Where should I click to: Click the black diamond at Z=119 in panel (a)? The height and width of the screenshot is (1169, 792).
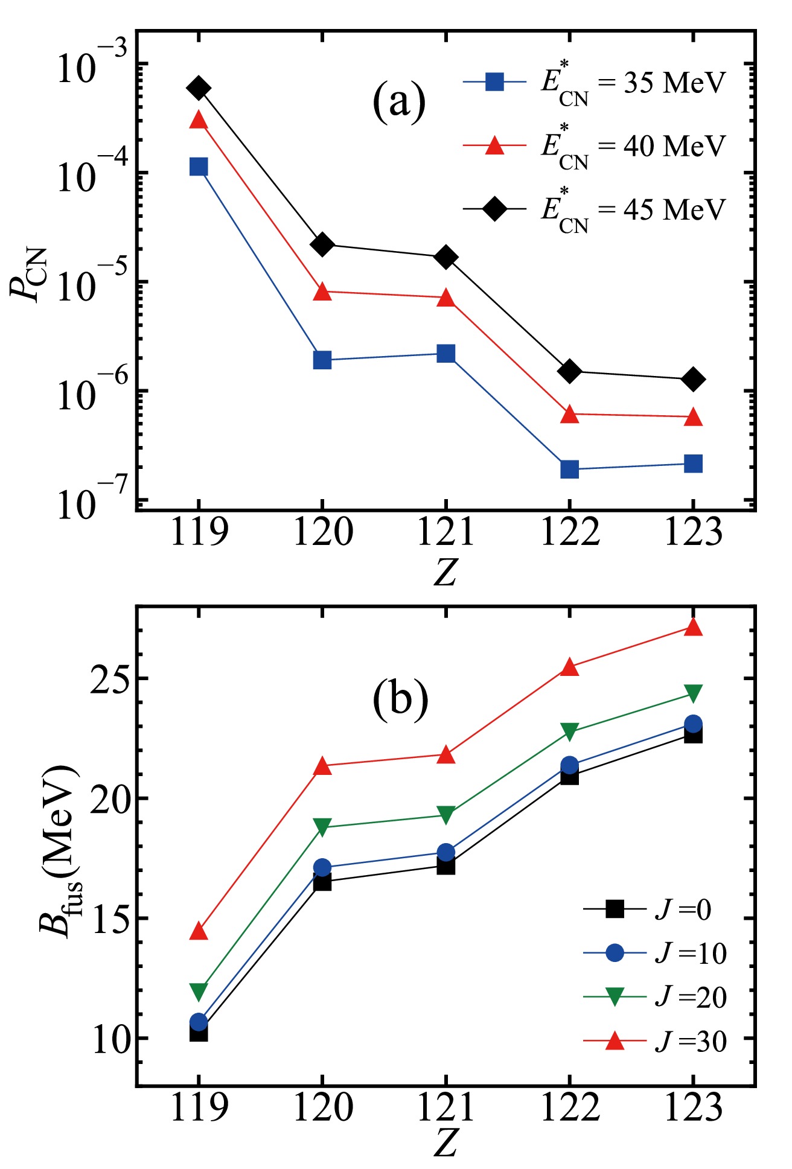pyautogui.click(x=199, y=88)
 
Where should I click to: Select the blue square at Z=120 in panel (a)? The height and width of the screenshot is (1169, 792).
pyautogui.click(x=322, y=360)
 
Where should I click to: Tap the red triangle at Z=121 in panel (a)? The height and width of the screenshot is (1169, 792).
pyautogui.click(x=446, y=298)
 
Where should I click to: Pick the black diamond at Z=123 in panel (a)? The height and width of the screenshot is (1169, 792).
pyautogui.click(x=693, y=379)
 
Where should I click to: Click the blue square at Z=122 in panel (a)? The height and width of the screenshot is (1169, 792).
pyautogui.click(x=569, y=469)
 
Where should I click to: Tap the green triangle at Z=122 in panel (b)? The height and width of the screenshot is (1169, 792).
pyautogui.click(x=569, y=731)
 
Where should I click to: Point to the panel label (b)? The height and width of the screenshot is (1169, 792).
pyautogui.click(x=400, y=700)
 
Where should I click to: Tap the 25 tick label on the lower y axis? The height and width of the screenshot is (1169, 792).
pyautogui.click(x=110, y=679)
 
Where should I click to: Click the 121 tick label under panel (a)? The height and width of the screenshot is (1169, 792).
pyautogui.click(x=446, y=532)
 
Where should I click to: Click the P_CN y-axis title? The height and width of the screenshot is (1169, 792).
pyautogui.click(x=28, y=275)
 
